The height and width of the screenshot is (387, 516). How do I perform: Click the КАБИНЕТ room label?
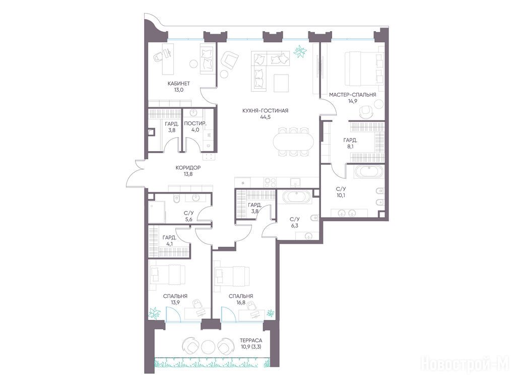179,84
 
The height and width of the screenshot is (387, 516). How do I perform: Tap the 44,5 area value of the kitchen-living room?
265,117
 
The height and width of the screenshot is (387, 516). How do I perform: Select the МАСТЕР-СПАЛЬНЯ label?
352,95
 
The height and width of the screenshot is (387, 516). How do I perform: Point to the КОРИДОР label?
188,168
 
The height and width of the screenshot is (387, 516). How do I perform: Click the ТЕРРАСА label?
251,341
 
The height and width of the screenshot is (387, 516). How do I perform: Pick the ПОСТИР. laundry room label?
196,124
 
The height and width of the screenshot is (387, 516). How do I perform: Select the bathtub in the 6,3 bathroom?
297,197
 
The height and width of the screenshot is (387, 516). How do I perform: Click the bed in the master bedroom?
364,69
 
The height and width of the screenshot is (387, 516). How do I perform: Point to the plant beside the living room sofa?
300,51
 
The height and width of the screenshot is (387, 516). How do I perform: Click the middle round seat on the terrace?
208,346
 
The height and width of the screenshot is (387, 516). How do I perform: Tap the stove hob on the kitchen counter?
271,182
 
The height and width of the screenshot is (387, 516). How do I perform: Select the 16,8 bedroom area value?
241,303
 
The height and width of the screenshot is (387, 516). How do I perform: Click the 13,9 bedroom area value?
175,303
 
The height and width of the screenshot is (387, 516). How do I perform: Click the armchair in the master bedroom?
365,111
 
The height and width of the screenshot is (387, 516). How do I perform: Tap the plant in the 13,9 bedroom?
154,313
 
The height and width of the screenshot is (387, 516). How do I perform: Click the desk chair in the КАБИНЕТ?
159,56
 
